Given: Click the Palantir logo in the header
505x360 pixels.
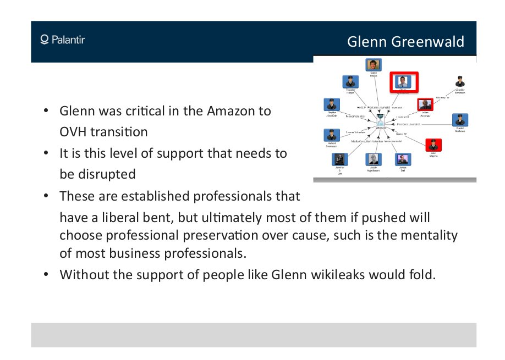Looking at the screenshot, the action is click(x=62, y=40).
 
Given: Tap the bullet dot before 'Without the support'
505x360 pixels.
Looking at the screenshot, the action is click(x=47, y=274).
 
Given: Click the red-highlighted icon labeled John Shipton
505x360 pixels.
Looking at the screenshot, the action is click(x=433, y=145).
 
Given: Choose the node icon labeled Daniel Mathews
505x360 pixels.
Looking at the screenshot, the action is click(x=459, y=120).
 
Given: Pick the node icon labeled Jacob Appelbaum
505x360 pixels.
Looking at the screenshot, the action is click(x=374, y=159).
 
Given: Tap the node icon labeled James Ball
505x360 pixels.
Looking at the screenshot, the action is click(x=403, y=159).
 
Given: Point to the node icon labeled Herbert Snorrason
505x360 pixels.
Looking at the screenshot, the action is click(x=331, y=135).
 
